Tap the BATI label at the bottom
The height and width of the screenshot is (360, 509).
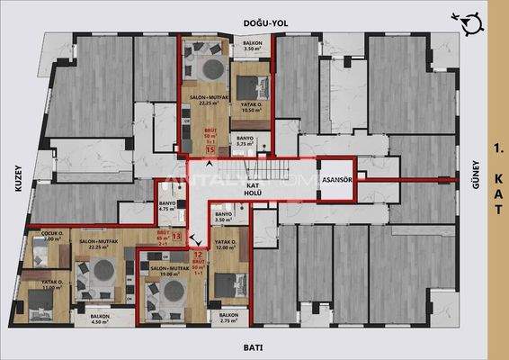[254, 346]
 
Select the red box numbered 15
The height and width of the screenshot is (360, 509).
[209, 150]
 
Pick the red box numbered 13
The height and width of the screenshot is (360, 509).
[176, 237]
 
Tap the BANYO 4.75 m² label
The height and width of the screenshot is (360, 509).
[166, 208]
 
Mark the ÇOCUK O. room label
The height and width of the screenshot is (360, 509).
[45, 238]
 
